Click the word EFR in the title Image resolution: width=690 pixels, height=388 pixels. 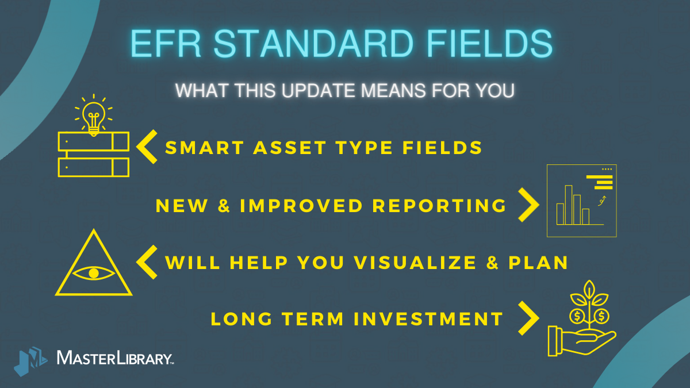click(x=166, y=44)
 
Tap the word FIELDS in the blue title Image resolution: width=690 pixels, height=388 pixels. click(x=490, y=44)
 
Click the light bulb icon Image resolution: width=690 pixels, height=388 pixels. click(x=94, y=116)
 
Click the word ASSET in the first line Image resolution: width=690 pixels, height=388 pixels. click(x=289, y=148)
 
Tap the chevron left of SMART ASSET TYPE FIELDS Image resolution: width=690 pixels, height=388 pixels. click(x=147, y=147)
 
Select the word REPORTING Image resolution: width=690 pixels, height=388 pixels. click(x=439, y=205)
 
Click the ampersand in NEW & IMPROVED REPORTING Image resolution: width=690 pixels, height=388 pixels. click(x=224, y=206)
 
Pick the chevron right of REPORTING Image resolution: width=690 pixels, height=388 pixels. click(x=528, y=205)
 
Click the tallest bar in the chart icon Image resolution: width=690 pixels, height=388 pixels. click(x=569, y=205)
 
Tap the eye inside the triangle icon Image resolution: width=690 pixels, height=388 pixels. click(x=94, y=273)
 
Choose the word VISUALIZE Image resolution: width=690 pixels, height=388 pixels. click(x=415, y=263)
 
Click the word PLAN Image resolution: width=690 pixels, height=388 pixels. click(x=538, y=263)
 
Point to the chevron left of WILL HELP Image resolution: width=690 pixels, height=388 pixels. click(x=147, y=262)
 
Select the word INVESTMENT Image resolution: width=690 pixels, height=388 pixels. click(x=428, y=318)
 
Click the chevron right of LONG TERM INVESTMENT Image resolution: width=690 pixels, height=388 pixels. click(x=528, y=318)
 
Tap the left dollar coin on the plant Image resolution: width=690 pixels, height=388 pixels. click(x=577, y=316)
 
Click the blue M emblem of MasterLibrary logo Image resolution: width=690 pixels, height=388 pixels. click(x=31, y=361)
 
